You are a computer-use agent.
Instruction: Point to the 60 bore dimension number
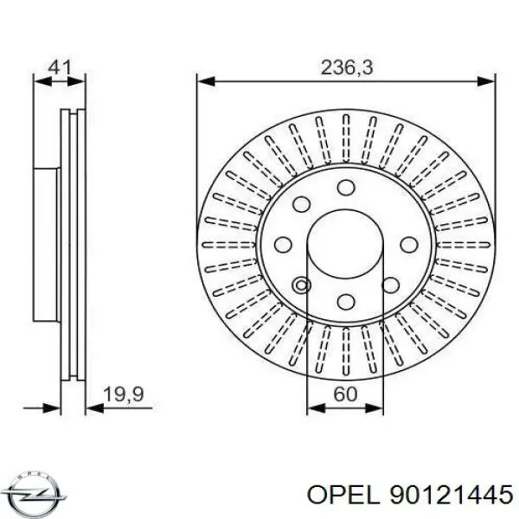pos(346,394)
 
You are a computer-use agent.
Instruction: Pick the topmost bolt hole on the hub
pos(346,188)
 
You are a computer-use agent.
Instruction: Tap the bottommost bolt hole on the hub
pos(346,301)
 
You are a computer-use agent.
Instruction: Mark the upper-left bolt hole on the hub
pos(302,205)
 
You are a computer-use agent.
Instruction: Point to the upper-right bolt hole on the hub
pos(390,205)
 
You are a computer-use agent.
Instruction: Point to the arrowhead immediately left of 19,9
pos(80,405)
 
